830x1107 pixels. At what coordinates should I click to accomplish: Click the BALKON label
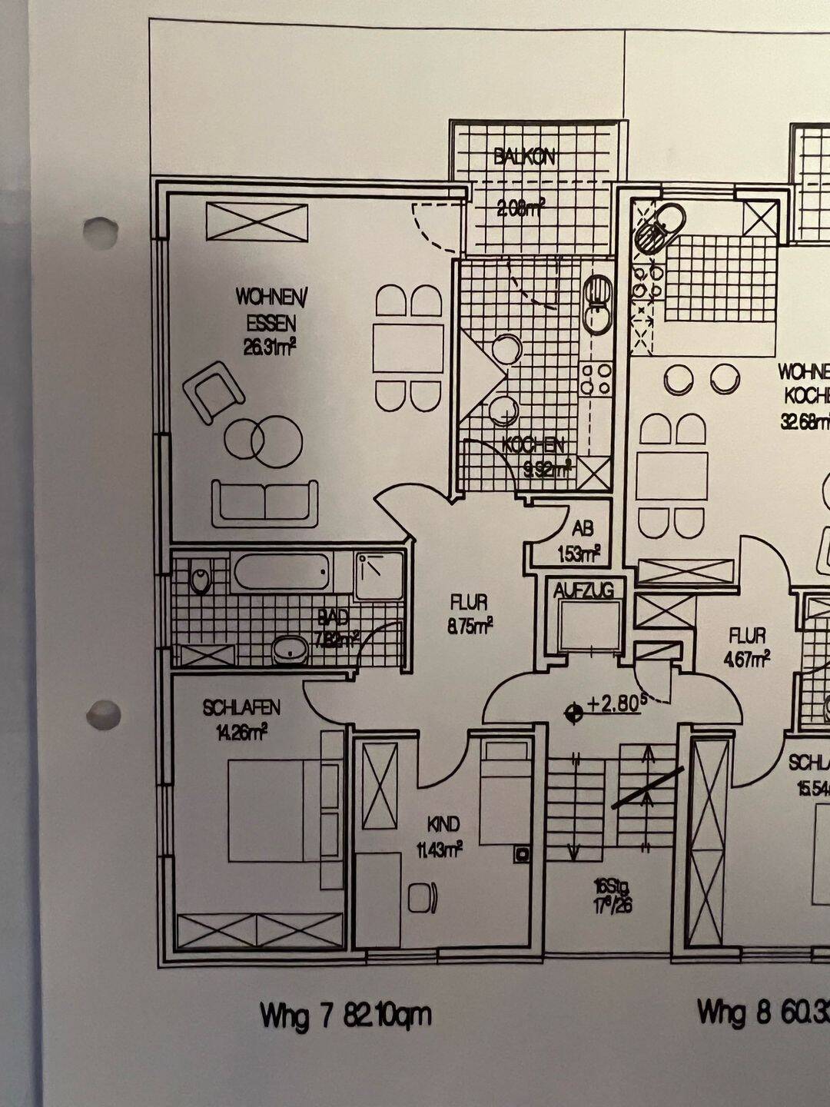coord(525,158)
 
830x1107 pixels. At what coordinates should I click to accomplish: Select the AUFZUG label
coord(583,590)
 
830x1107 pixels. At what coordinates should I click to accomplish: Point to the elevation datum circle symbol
coord(573,714)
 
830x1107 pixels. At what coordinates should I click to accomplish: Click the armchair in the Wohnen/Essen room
coord(213,391)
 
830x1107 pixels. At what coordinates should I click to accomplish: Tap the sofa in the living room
coord(264,503)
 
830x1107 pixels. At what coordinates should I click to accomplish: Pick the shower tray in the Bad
coord(379,574)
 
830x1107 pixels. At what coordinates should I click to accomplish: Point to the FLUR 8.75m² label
coord(470,613)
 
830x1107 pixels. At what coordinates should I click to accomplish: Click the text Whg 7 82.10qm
coord(345,1016)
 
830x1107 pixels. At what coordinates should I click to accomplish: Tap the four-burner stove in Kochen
coord(596,379)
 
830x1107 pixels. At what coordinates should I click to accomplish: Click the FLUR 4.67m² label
coord(748,647)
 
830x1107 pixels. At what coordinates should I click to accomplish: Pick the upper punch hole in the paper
coord(101,231)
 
